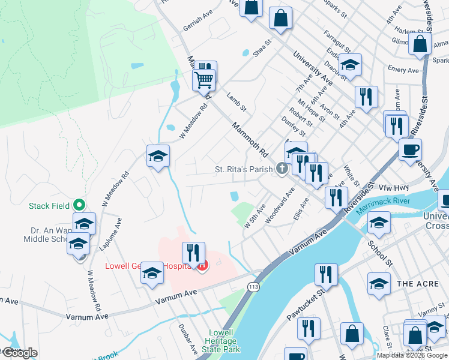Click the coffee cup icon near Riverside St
coord(410,149)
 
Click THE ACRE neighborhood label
coord(414,283)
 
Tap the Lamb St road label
coord(237,101)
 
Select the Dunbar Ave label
coord(188,339)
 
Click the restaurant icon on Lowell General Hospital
coord(193,253)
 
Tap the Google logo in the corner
coord(20,353)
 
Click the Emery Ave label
coord(403,70)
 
